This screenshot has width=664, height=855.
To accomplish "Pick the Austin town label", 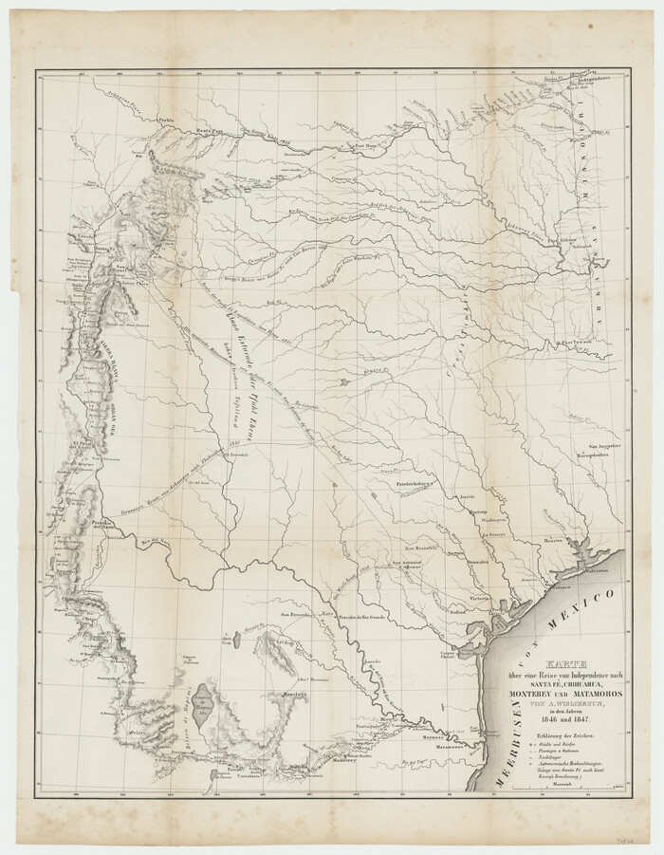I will click(x=465, y=496).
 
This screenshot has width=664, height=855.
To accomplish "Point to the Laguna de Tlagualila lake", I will click(x=202, y=707).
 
